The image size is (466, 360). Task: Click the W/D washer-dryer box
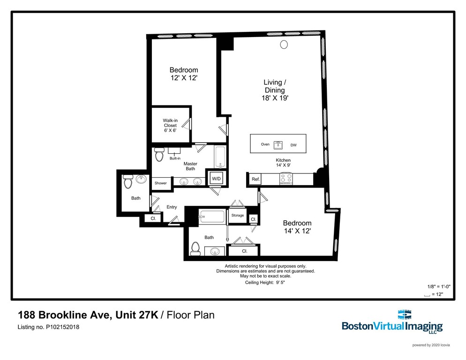coord(217,179)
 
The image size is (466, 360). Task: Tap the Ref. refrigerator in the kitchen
coord(256,179)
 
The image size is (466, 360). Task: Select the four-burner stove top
coord(286,179)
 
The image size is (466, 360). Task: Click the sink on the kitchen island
coord(278,145)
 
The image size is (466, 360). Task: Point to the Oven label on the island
coord(265,144)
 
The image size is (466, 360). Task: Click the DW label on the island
coord(293,145)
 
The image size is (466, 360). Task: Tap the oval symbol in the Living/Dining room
coord(284,45)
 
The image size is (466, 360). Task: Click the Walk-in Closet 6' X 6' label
coord(170,125)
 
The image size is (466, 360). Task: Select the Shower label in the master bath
coord(160,183)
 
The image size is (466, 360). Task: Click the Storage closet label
coord(238,215)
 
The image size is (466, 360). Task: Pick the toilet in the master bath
coord(159,154)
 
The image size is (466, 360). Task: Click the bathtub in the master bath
coord(220,157)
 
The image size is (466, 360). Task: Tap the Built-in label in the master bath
coord(175,158)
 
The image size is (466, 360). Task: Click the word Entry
coord(172,207)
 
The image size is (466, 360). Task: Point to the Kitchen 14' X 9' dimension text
coord(283,163)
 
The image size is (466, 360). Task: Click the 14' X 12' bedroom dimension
coord(297,231)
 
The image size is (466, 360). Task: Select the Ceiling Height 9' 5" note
coord(265,282)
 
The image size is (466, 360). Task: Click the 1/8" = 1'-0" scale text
coord(439,286)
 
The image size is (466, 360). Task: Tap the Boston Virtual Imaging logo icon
coord(405,315)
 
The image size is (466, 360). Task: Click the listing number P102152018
coord(62,327)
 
